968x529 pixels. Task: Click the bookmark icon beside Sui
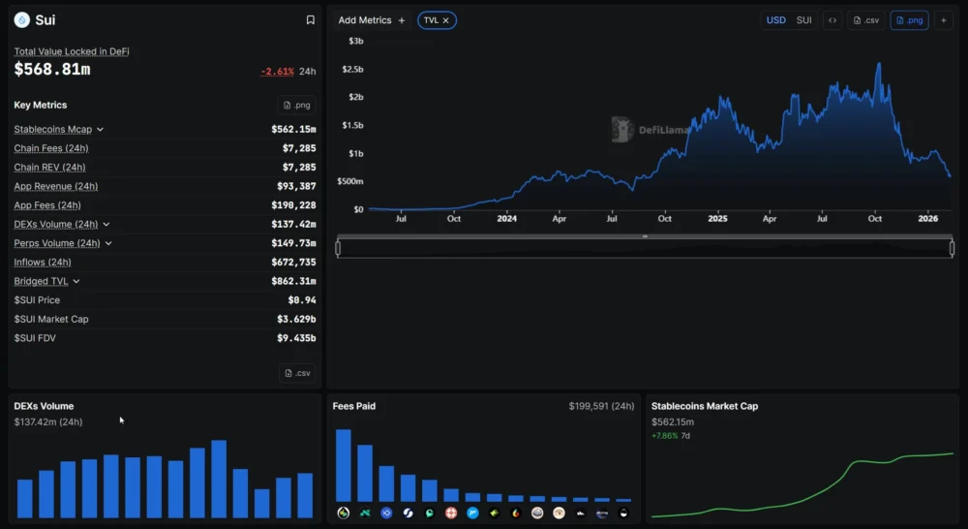pyautogui.click(x=310, y=20)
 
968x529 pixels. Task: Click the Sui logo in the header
pyautogui.click(x=21, y=20)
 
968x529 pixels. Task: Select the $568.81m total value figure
pyautogui.click(x=52, y=70)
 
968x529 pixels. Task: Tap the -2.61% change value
pyautogui.click(x=277, y=72)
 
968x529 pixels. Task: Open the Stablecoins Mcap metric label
pyautogui.click(x=53, y=129)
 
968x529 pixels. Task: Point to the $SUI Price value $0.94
pyautogui.click(x=298, y=300)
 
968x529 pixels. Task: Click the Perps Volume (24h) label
pyautogui.click(x=57, y=243)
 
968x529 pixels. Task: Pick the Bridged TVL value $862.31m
pyautogui.click(x=293, y=281)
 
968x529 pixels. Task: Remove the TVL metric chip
pyautogui.click(x=446, y=20)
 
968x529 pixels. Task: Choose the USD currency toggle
pyautogui.click(x=776, y=20)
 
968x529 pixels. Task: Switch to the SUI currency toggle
pyautogui.click(x=803, y=20)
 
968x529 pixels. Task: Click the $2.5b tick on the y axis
pyautogui.click(x=352, y=70)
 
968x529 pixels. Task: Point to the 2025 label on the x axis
pyautogui.click(x=717, y=219)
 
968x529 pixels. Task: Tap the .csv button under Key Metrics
pyautogui.click(x=297, y=373)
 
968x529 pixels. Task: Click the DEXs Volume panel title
pyautogui.click(x=44, y=406)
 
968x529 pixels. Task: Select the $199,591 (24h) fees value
pyautogui.click(x=601, y=406)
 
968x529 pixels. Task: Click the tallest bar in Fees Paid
pyautogui.click(x=343, y=465)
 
